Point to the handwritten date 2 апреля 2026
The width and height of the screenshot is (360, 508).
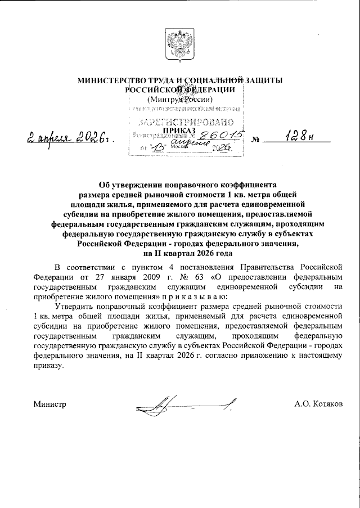coord(68,137)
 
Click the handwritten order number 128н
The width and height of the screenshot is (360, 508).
coord(298,137)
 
